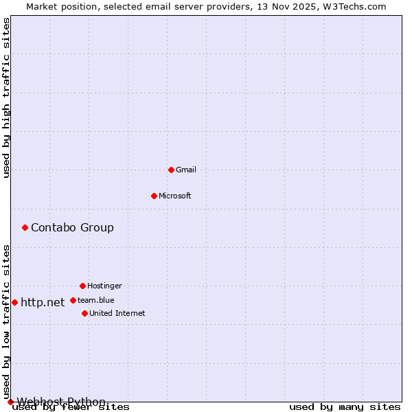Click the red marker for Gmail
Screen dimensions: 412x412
171,170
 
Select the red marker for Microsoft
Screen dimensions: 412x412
154,196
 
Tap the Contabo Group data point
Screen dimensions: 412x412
25,227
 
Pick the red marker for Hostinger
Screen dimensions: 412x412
82,286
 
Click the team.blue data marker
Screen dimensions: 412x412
73,300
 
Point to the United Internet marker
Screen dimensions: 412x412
84,313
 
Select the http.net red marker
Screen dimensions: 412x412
14,302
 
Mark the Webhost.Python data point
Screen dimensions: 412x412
10,402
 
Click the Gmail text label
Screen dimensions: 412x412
186,170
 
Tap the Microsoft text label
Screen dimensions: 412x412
175,196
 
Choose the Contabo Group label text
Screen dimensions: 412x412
72,227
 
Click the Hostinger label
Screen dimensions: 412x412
104,286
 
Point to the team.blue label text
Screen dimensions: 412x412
96,300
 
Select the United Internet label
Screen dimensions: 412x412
117,313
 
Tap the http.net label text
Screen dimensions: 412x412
43,302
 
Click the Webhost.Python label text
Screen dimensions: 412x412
61,402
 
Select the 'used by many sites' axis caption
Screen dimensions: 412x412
345,407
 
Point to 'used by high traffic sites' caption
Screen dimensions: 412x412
7,98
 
